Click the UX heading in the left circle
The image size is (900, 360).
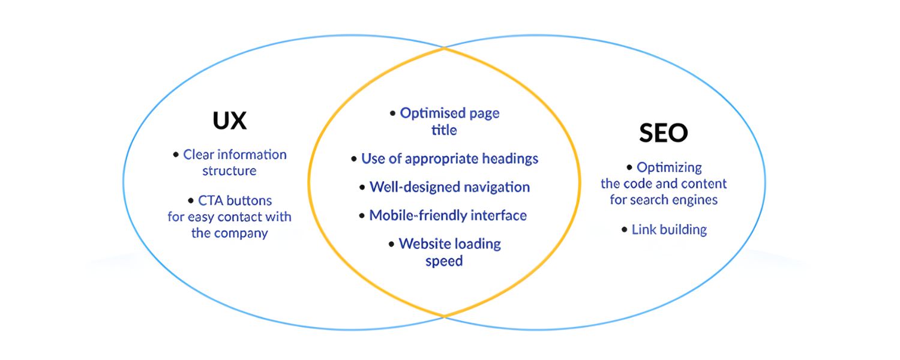[x=229, y=121]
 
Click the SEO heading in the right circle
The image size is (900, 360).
[x=663, y=133]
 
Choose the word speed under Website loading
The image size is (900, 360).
[x=444, y=262]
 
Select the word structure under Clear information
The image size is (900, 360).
[x=229, y=171]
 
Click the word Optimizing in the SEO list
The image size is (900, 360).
[x=669, y=167]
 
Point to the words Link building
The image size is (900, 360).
[x=669, y=230]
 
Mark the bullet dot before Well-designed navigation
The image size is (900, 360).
[x=362, y=187]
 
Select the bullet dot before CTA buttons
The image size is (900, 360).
[x=191, y=200]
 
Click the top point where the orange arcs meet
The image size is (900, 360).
[x=444, y=49]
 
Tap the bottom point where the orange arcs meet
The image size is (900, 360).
[x=444, y=316]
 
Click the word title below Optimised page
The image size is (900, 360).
[x=444, y=130]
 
